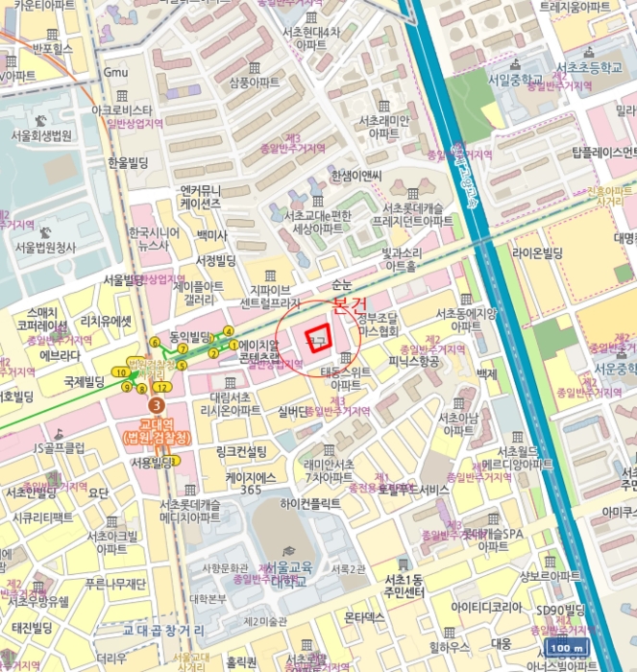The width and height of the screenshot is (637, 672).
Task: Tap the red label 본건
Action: (349, 304)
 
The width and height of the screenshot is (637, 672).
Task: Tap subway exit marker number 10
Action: (120, 372)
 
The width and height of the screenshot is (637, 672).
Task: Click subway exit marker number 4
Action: (229, 332)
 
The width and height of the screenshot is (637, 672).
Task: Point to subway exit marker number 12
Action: (164, 387)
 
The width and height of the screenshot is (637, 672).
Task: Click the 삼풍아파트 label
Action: (254, 84)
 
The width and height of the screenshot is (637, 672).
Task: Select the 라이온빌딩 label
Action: (536, 252)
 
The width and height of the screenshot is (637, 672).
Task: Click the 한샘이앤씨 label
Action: (355, 176)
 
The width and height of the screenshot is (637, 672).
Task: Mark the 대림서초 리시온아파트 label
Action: (224, 403)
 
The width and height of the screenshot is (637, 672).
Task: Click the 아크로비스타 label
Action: (121, 110)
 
